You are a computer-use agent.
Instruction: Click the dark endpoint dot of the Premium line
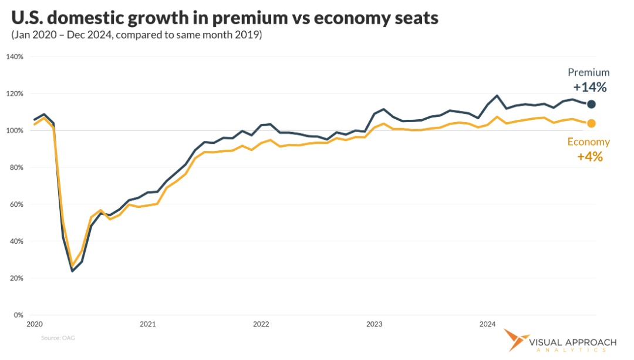pyautogui.click(x=591, y=104)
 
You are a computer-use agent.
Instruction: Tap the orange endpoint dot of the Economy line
pyautogui.click(x=591, y=123)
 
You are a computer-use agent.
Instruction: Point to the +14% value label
pyautogui.click(x=590, y=88)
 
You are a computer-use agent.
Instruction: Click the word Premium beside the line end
pyautogui.click(x=588, y=73)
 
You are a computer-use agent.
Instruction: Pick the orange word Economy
pyautogui.click(x=588, y=142)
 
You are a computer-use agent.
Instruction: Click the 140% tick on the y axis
pyautogui.click(x=15, y=57)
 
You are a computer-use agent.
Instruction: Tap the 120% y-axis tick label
pyautogui.click(x=15, y=94)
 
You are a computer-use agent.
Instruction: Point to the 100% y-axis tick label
pyautogui.click(x=15, y=130)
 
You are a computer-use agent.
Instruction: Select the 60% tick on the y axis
pyautogui.click(x=16, y=204)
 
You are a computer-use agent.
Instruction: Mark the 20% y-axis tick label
pyautogui.click(x=16, y=278)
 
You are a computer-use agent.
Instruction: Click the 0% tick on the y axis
pyautogui.click(x=18, y=315)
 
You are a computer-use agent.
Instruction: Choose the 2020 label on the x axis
pyautogui.click(x=35, y=324)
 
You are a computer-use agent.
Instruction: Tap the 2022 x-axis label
pyautogui.click(x=261, y=324)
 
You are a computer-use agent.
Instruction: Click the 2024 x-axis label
pyautogui.click(x=487, y=324)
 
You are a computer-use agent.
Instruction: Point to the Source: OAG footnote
pyautogui.click(x=58, y=338)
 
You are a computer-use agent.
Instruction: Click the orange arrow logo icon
pyautogui.click(x=515, y=342)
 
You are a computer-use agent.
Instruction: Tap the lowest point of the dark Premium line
pyautogui.click(x=72, y=271)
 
